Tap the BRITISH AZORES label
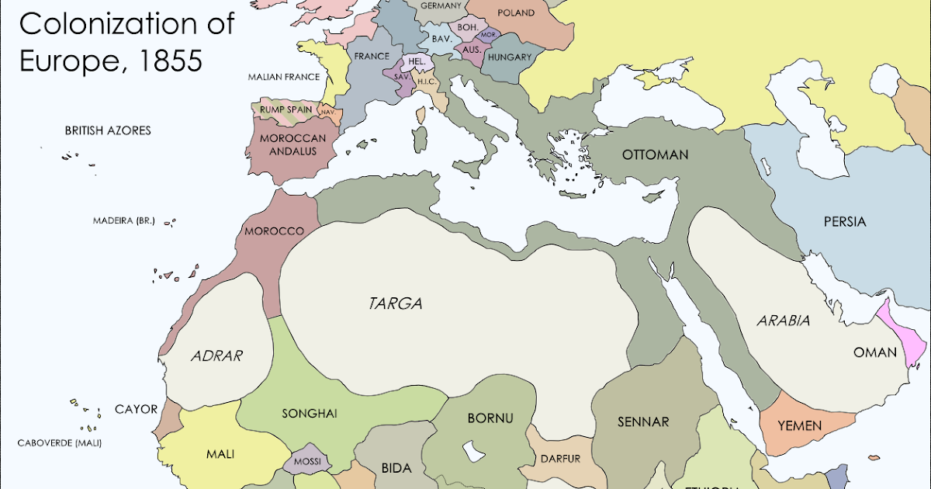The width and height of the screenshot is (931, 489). [107, 130]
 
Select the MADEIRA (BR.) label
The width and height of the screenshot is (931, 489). [124, 220]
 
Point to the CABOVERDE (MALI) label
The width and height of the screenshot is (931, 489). [60, 443]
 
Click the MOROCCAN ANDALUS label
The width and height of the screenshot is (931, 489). [288, 144]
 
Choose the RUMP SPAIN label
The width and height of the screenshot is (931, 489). [286, 109]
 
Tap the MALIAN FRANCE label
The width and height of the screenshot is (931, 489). [284, 77]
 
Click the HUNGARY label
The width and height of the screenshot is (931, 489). [510, 57]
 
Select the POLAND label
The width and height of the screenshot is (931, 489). [515, 12]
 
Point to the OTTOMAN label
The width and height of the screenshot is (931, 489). [655, 154]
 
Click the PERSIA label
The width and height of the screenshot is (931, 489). [844, 221]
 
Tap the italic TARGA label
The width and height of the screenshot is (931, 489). [396, 303]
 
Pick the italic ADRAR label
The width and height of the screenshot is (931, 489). [216, 356]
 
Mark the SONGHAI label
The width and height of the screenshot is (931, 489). [309, 414]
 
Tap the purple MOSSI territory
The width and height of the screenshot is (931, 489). [307, 460]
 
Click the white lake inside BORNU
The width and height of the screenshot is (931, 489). [471, 451]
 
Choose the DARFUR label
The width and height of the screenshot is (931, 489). [560, 458]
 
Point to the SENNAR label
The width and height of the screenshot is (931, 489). [643, 422]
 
